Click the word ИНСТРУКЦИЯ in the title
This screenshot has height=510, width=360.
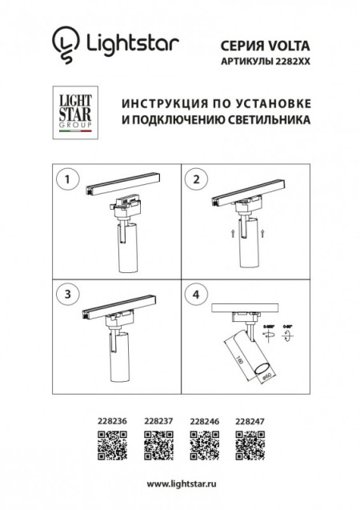coord(157,105)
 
